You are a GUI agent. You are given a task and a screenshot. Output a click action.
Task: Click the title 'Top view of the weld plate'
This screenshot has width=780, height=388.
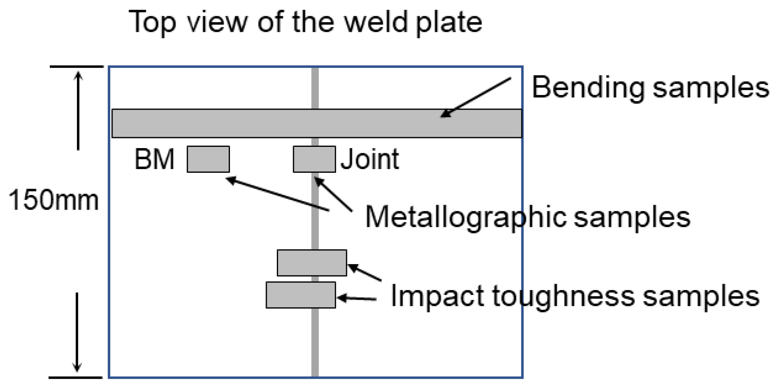click(x=306, y=22)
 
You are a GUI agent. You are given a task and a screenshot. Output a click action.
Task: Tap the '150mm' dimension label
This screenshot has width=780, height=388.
click(x=54, y=200)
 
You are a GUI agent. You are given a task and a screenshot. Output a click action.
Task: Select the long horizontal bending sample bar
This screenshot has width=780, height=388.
click(x=317, y=123)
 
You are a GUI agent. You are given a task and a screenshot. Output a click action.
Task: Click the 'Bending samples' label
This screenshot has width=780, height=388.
click(x=650, y=88)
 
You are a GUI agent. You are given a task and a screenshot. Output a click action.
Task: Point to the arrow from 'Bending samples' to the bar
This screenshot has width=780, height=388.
click(x=476, y=98)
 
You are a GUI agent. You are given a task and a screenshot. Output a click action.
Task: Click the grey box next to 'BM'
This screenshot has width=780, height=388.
click(x=208, y=159)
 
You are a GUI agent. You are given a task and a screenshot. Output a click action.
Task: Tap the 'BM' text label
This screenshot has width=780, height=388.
click(x=154, y=159)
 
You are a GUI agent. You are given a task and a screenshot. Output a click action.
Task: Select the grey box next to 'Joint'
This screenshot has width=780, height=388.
click(x=314, y=159)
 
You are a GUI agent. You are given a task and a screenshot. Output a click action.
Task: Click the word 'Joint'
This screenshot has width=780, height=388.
click(x=370, y=159)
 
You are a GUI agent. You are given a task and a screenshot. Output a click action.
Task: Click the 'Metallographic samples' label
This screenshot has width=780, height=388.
click(x=527, y=217)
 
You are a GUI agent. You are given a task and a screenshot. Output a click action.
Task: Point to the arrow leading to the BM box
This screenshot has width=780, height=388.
click(x=278, y=194)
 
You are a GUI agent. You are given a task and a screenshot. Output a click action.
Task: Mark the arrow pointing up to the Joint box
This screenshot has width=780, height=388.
click(x=333, y=194)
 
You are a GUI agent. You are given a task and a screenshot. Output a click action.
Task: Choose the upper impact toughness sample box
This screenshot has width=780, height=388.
click(x=312, y=263)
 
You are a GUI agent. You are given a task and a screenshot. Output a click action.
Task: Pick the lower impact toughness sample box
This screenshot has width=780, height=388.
click(x=301, y=295)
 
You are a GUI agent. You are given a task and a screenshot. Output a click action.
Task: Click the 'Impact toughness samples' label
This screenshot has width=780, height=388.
click(x=575, y=297)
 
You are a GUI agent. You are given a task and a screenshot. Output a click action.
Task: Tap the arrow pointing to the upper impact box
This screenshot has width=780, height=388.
click(x=364, y=272)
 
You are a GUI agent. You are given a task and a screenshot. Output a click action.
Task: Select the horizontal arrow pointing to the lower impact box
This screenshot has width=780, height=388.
click(x=357, y=299)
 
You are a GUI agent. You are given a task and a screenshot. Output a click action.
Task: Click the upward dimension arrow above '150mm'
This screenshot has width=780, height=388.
click(x=78, y=111)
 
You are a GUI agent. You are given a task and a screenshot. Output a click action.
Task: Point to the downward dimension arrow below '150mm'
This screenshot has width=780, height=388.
click(x=77, y=332)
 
